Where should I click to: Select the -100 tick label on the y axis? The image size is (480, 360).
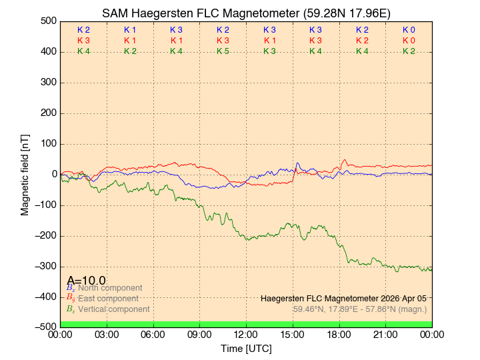45,205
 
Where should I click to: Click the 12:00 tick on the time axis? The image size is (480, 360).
246,334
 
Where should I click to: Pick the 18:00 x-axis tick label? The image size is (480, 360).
339,334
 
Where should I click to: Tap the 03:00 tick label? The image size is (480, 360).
107,334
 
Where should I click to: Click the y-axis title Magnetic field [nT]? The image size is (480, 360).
25,174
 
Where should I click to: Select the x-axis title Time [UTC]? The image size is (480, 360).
246,348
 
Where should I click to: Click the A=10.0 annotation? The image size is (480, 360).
86,281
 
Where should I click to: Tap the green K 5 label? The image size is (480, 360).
223,51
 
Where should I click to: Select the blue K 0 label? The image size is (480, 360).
409,30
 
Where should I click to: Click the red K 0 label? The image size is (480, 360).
409,41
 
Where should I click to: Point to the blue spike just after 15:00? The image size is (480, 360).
297,163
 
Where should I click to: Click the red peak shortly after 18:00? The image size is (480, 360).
345,160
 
